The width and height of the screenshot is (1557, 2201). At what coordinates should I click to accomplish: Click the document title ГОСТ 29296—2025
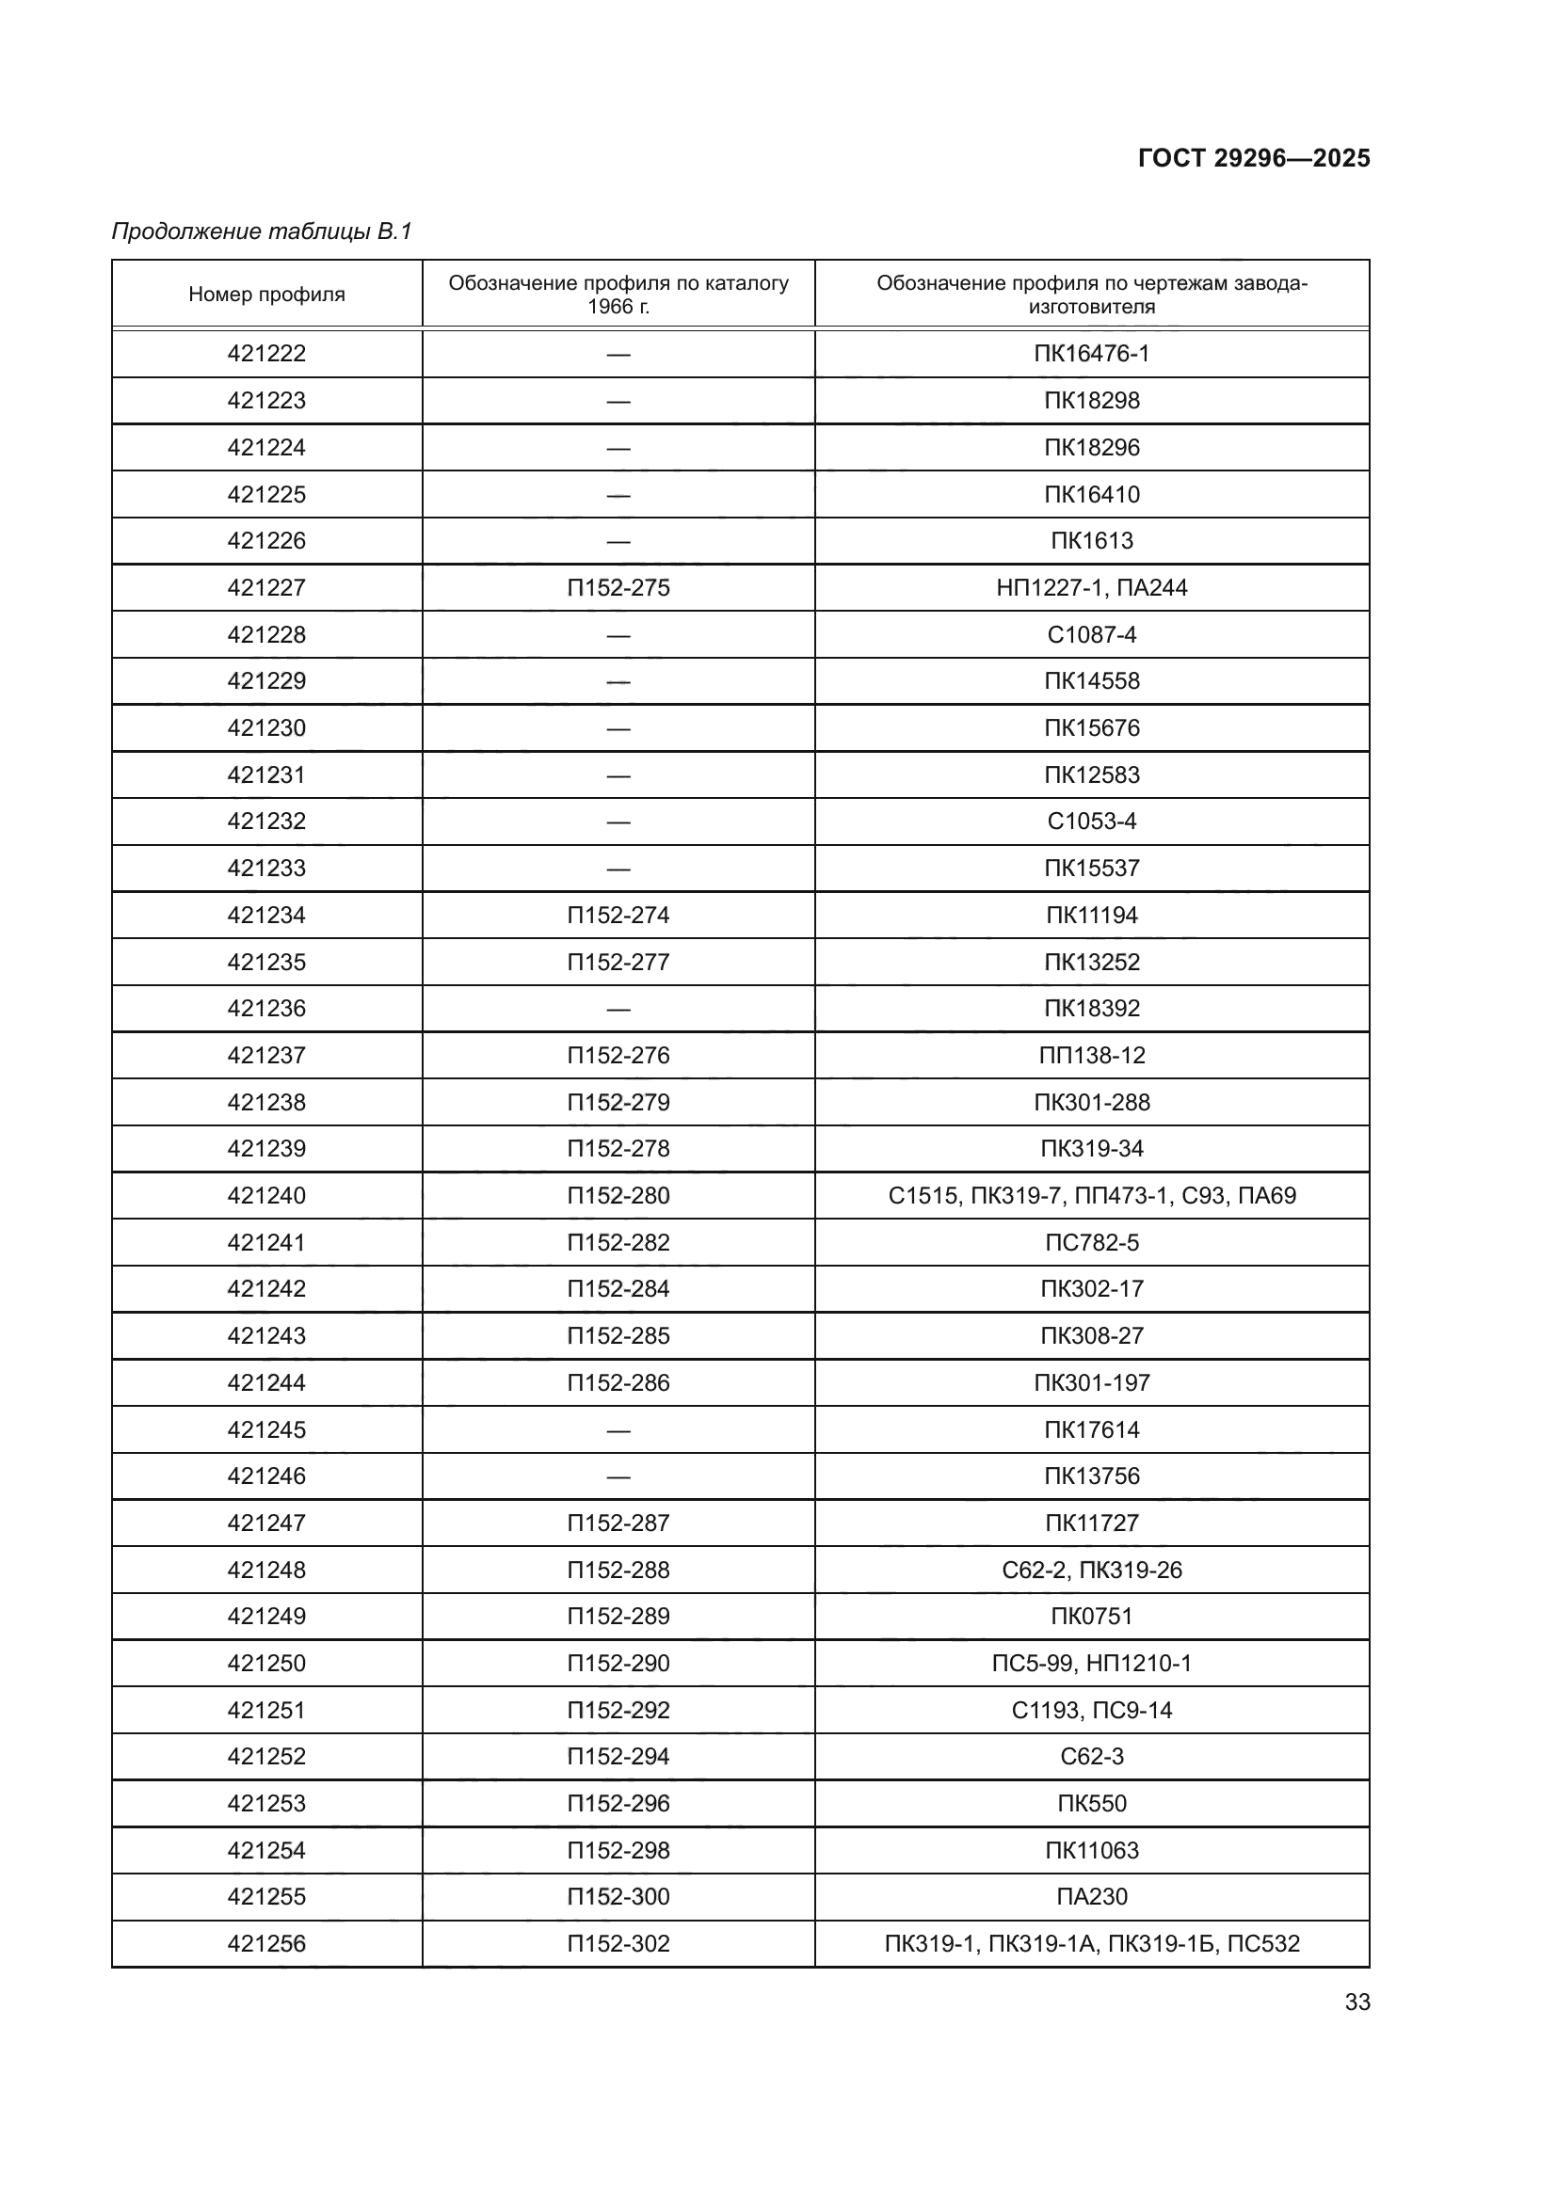point(1253,158)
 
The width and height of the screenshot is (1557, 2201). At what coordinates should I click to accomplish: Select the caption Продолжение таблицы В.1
point(262,231)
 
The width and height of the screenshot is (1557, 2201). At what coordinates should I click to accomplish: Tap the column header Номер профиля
point(266,295)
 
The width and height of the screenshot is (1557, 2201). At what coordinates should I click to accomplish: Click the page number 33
point(1356,2002)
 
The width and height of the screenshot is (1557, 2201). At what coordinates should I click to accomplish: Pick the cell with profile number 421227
point(266,587)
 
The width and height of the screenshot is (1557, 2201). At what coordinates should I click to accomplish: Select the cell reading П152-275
point(618,587)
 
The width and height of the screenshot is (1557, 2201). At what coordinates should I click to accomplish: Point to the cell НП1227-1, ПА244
point(1091,587)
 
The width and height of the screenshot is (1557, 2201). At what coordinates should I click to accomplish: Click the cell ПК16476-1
point(1091,354)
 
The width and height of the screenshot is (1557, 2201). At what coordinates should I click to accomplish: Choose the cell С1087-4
point(1091,634)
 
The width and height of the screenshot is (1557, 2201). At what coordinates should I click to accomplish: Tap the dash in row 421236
point(618,1009)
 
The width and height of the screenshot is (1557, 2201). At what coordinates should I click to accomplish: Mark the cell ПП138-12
point(1091,1056)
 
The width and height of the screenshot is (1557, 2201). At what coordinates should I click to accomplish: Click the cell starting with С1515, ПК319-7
point(1091,1195)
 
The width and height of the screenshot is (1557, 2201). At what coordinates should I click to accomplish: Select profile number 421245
point(266,1429)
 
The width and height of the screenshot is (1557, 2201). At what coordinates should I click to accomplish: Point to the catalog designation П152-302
point(618,1943)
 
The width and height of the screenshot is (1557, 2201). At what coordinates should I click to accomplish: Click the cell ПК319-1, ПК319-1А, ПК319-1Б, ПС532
point(1091,1943)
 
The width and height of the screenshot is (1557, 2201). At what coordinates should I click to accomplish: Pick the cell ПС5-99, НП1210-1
point(1091,1663)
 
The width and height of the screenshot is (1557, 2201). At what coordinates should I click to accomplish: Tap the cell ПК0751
point(1091,1617)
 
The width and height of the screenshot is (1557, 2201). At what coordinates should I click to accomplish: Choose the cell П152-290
point(618,1663)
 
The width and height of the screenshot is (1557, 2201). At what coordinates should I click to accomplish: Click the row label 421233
point(266,869)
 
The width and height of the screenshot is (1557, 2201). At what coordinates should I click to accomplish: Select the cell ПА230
point(1091,1896)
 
